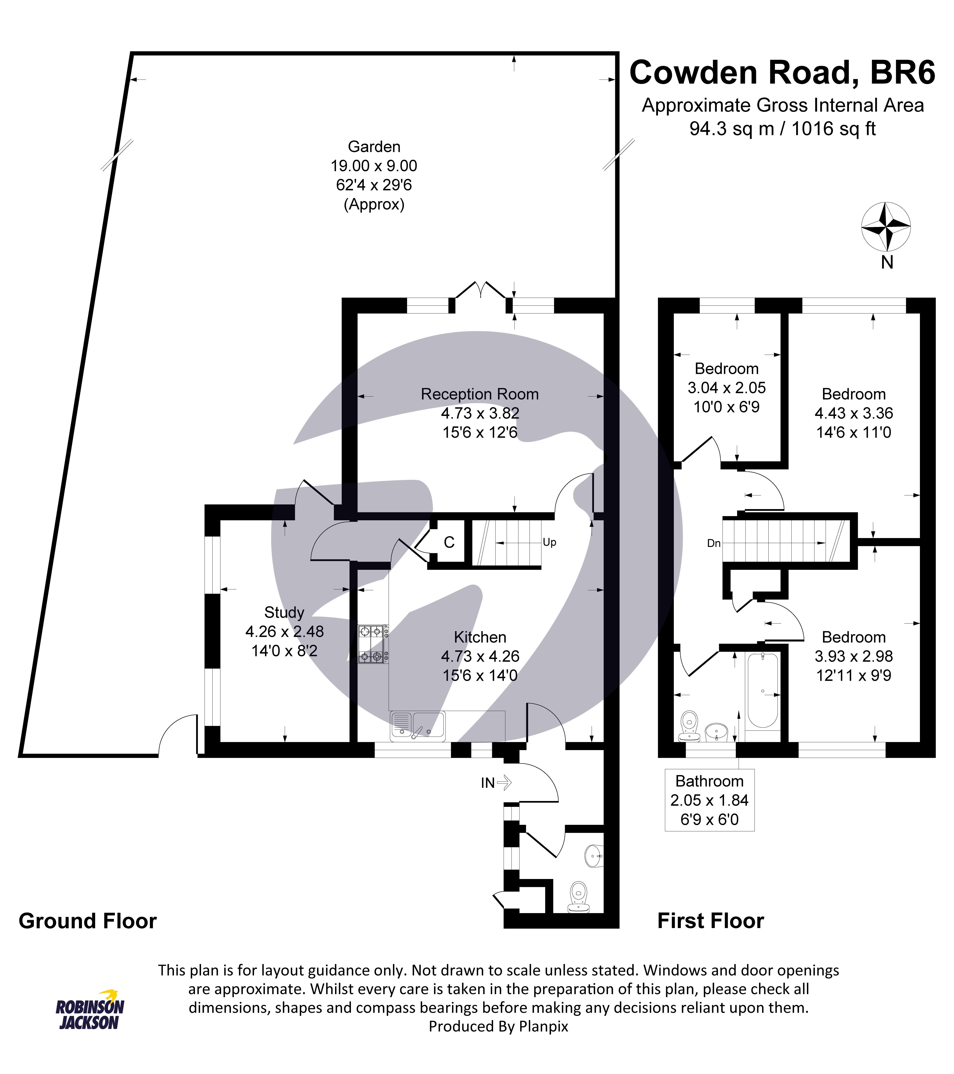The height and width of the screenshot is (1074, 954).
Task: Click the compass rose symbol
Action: [886, 227]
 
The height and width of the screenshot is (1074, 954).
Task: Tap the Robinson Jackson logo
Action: [90, 1014]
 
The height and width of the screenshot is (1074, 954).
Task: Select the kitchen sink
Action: [418, 725]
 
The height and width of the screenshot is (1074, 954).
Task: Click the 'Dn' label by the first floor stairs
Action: [714, 543]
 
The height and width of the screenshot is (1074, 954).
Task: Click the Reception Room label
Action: [480, 394]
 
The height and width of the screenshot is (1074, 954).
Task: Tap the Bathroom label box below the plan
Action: [709, 800]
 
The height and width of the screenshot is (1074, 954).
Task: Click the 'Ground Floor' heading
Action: [88, 921]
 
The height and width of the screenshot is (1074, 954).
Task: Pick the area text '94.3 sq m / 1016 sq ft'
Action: [782, 129]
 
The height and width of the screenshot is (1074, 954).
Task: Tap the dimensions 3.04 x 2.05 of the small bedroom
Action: [727, 388]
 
